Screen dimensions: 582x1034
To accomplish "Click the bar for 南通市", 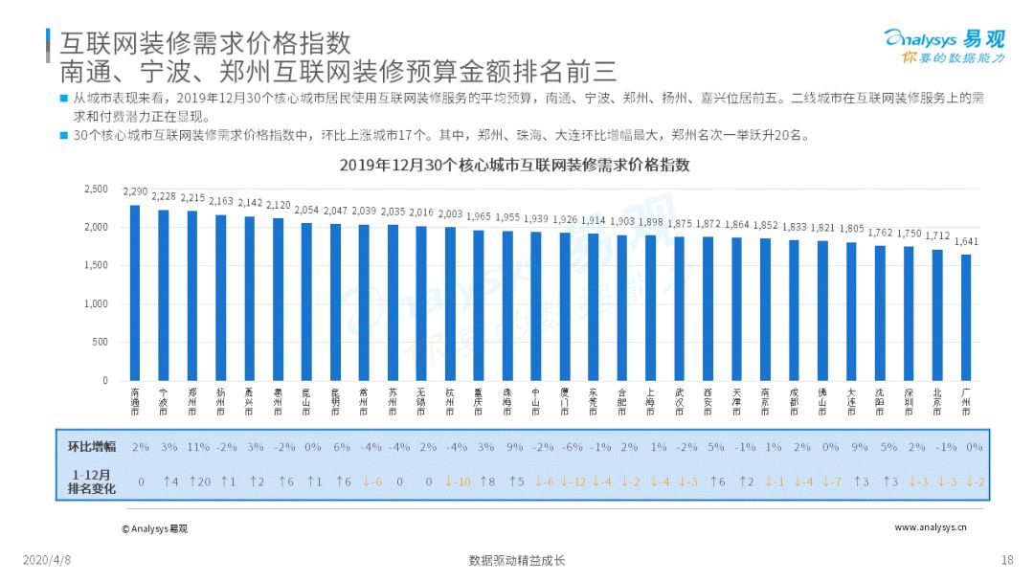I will (x=135, y=293).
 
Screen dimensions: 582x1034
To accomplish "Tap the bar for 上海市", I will (x=650, y=308).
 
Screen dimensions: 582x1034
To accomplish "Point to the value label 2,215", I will (x=192, y=198).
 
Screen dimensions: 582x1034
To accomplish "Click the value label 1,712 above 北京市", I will (x=937, y=236).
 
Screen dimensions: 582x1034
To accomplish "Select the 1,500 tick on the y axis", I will (x=96, y=265).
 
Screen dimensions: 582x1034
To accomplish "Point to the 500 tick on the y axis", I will (x=100, y=342).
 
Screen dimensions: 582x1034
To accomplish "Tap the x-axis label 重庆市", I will (x=479, y=400).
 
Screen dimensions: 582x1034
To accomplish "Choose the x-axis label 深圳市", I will (x=909, y=400).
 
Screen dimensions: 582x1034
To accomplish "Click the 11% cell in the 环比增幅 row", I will (x=198, y=446).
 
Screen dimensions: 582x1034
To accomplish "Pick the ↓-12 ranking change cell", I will (x=573, y=481).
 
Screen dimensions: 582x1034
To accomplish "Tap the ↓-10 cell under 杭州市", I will (x=458, y=481).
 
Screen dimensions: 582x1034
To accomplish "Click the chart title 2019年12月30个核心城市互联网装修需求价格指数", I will (x=515, y=165).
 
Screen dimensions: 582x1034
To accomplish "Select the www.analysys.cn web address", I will (x=931, y=527).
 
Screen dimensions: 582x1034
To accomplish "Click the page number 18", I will (x=1006, y=560).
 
